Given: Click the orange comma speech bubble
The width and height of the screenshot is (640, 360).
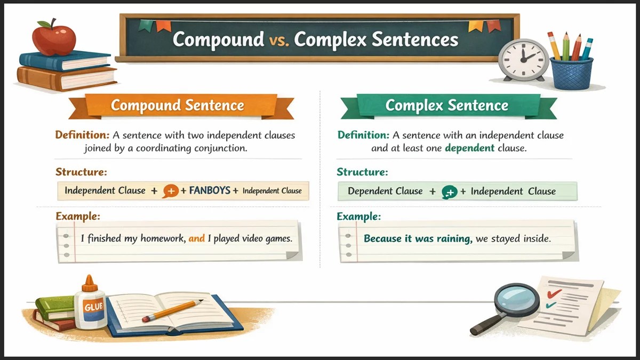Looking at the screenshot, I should click(171, 191).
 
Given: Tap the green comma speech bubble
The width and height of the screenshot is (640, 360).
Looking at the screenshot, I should click(449, 192).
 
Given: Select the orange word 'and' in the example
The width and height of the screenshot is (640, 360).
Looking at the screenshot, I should click(197, 238).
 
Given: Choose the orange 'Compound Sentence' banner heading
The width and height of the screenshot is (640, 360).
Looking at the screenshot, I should click(177, 105).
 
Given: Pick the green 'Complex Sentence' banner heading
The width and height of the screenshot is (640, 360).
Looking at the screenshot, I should click(446, 105).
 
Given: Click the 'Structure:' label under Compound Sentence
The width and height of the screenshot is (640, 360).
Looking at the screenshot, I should click(81, 172).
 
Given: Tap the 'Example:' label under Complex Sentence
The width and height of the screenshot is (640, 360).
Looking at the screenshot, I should click(359, 217).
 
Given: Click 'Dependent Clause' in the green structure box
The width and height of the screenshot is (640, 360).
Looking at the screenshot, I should click(385, 191).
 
